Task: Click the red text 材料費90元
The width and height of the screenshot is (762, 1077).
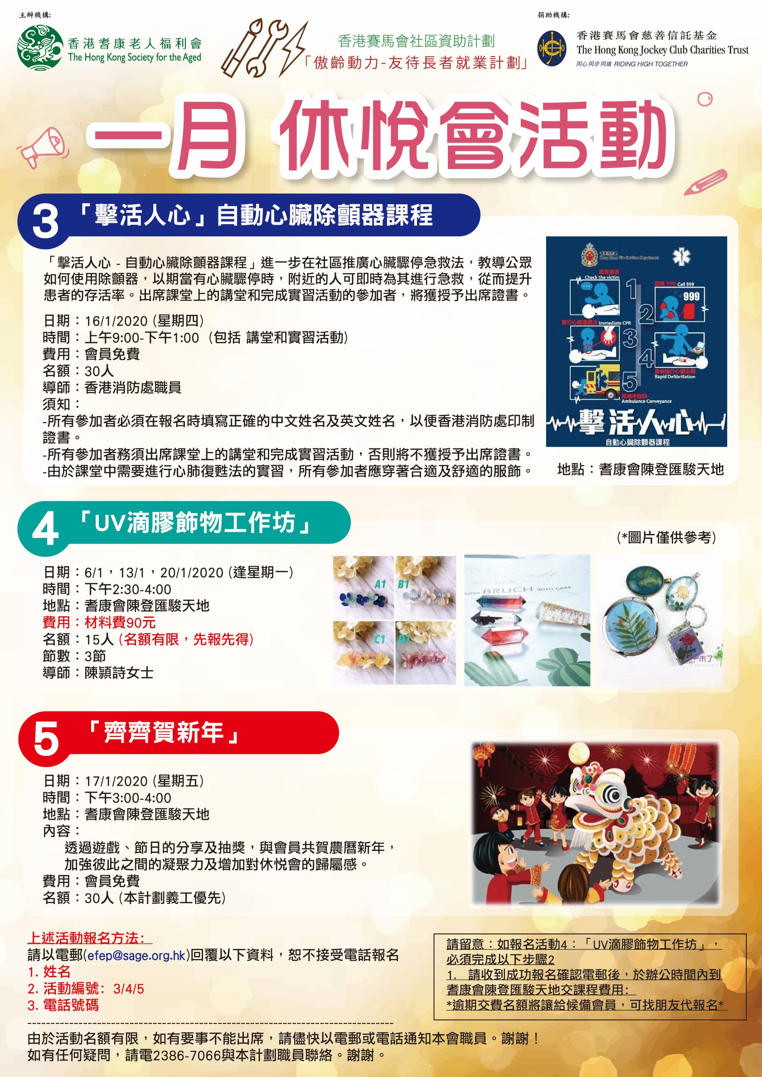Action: pyautogui.click(x=120, y=622)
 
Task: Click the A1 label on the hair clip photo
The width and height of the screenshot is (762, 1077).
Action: pyautogui.click(x=380, y=583)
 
